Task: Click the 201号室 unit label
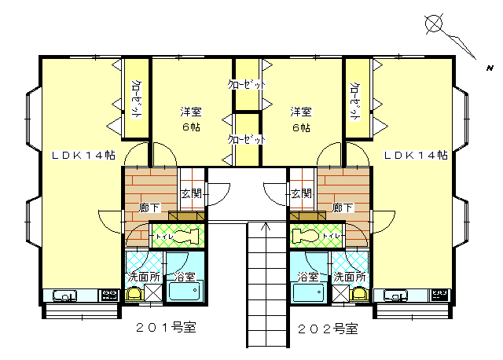tap(166, 327)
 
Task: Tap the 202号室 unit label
tap(328, 329)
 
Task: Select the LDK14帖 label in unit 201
tap(84, 156)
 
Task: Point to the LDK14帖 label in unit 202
tap(416, 156)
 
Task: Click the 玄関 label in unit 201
tap(191, 193)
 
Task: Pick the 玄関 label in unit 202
tap(301, 193)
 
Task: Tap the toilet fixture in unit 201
tap(187, 237)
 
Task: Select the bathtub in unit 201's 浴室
tap(185, 291)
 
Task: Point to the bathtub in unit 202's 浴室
tap(308, 292)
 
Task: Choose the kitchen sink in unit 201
tap(64, 296)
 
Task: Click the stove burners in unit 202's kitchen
tap(440, 295)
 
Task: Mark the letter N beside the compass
tap(490, 68)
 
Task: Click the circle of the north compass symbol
tap(434, 24)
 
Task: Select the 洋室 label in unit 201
tap(191, 112)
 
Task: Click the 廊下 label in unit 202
tap(343, 208)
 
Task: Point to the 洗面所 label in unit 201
tap(144, 277)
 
